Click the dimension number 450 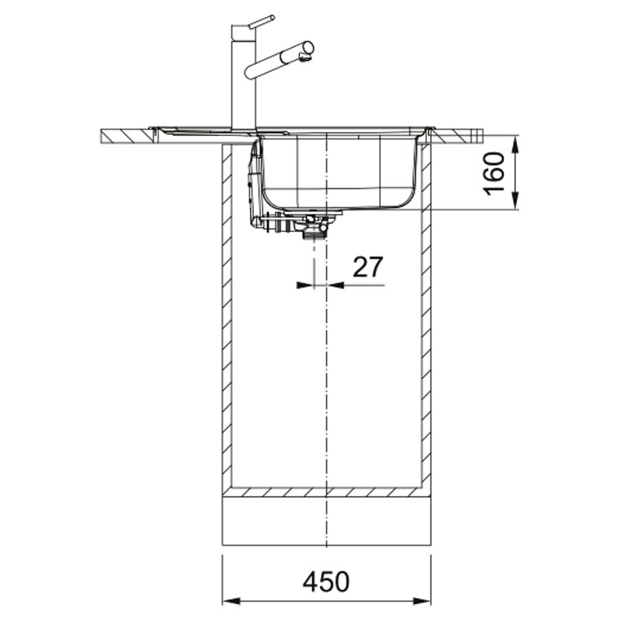(326, 582)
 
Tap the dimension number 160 (494, 174)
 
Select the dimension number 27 (367, 267)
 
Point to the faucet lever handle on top (262, 22)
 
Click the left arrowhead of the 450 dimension (232, 602)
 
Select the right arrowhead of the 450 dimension (422, 602)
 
